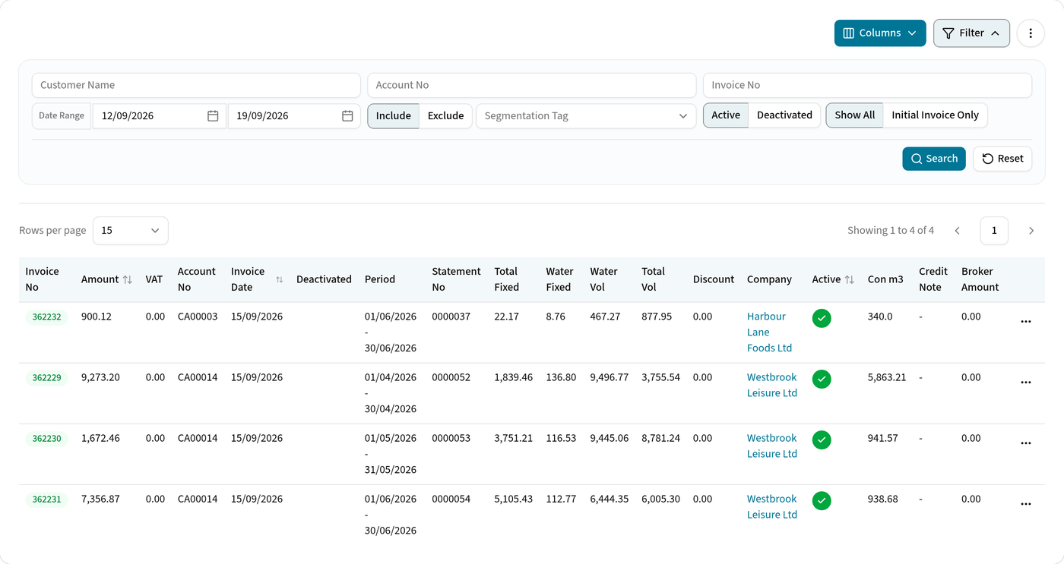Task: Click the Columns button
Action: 880,33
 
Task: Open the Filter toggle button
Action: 971,33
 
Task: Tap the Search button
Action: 934,159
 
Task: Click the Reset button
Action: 1002,159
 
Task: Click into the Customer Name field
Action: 196,85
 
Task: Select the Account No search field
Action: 531,85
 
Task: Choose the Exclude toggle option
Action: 445,115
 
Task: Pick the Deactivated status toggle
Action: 784,115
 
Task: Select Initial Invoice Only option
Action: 935,115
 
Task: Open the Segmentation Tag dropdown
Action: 586,115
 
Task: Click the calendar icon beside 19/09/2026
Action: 348,115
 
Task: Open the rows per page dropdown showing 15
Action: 131,231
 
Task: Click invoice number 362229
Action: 46,377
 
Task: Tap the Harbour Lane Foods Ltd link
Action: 769,332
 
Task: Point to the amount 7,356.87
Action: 100,499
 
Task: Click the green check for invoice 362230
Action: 822,440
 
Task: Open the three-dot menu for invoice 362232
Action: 1025,322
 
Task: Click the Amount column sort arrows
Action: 128,279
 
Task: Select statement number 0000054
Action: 451,499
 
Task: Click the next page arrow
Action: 1031,231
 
